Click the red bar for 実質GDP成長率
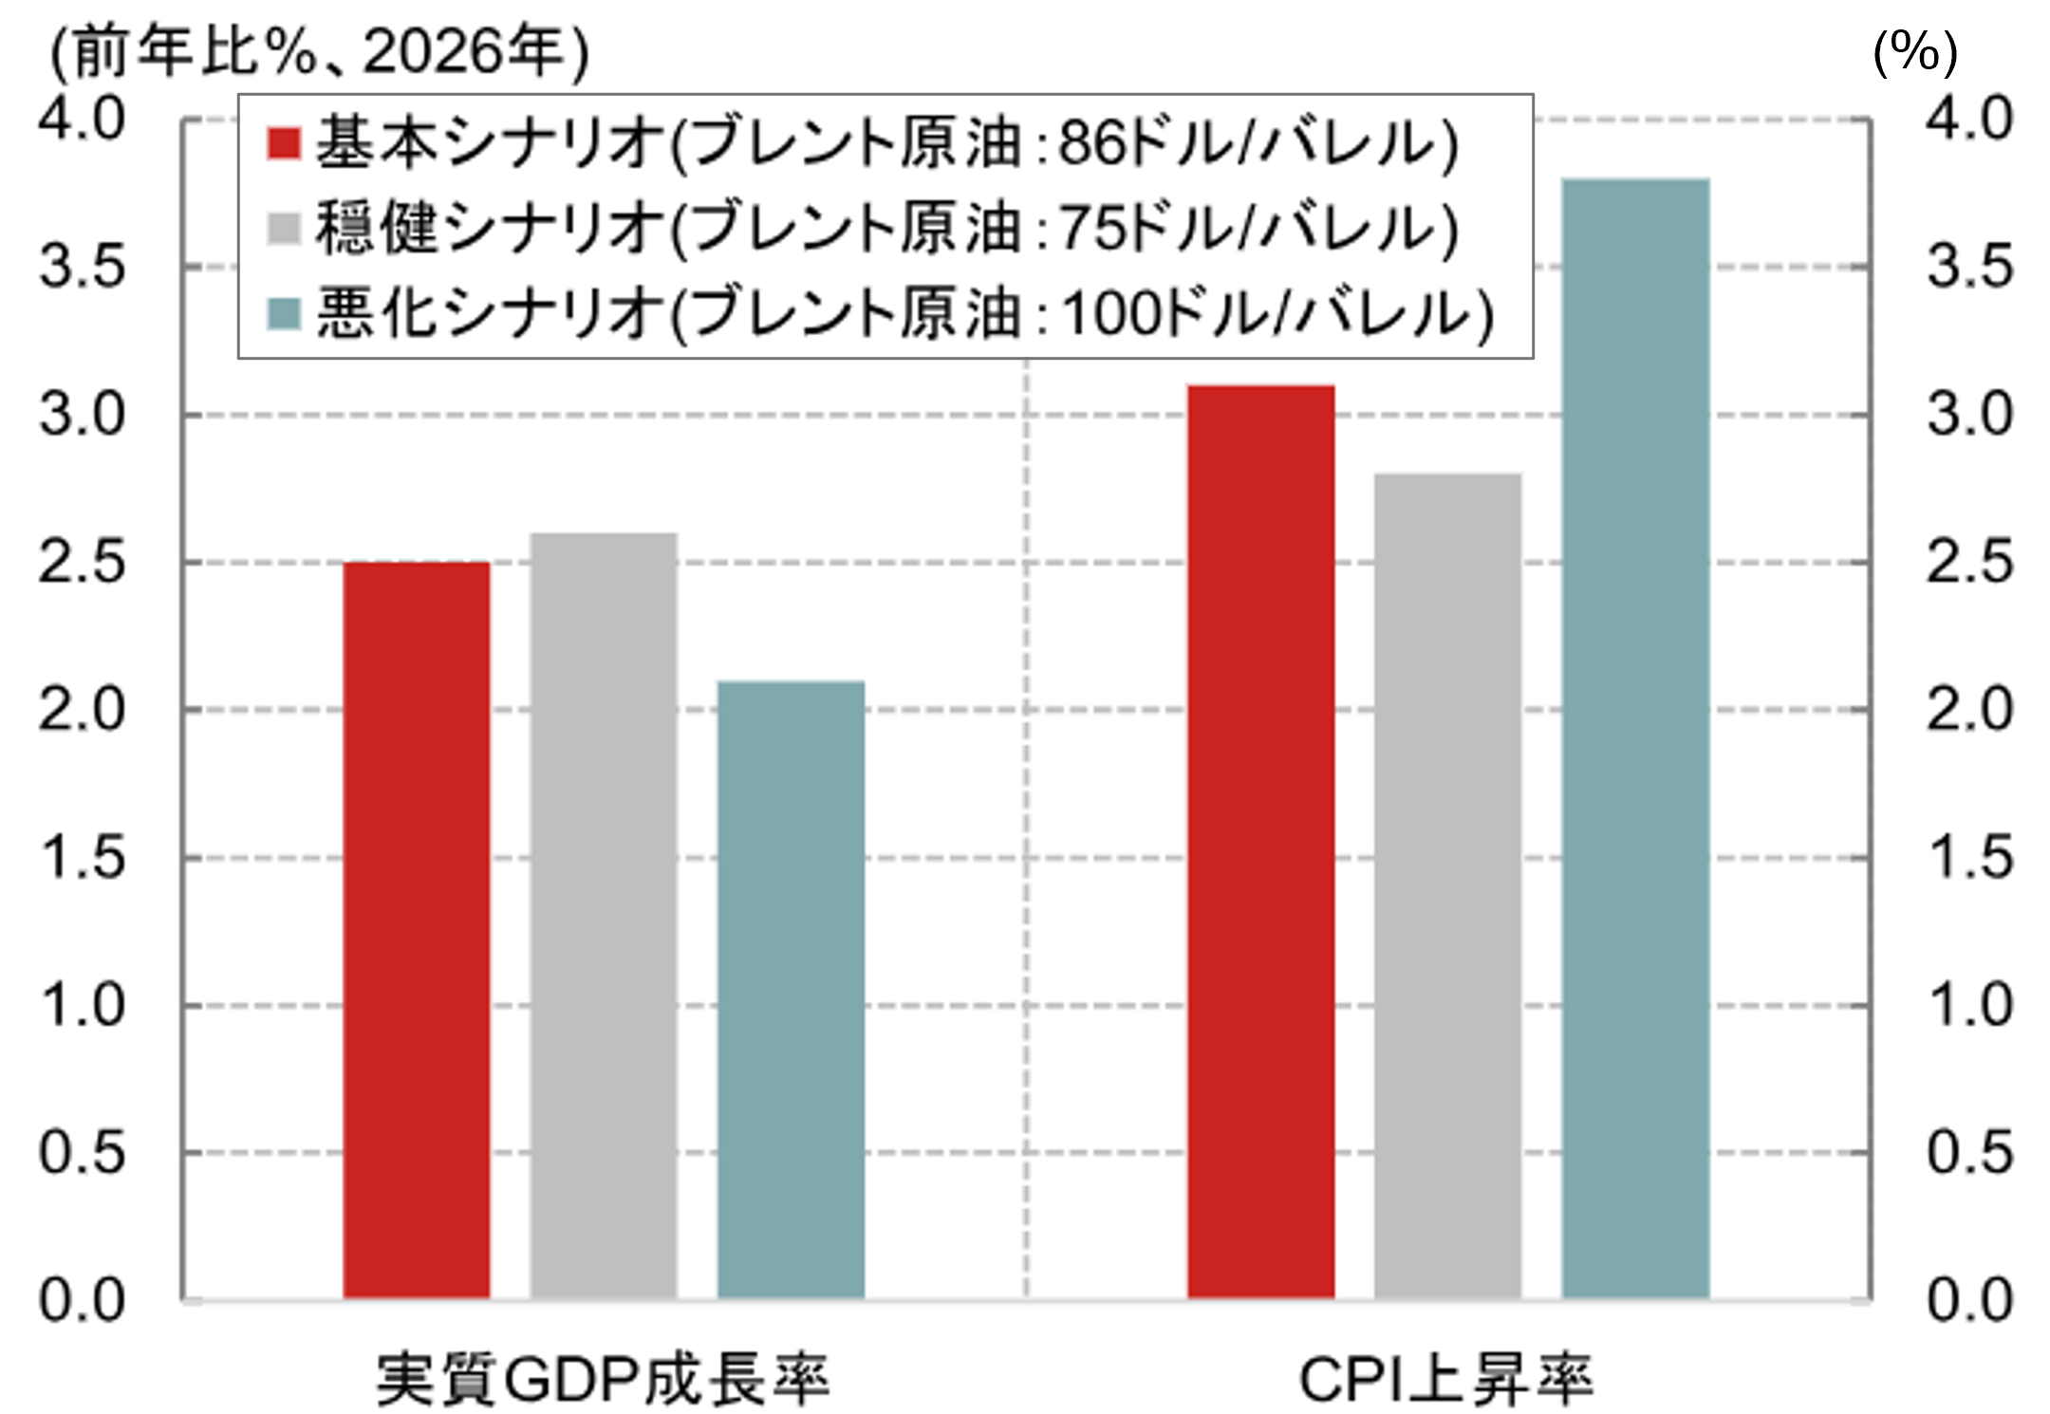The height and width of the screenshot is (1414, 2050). coord(417,930)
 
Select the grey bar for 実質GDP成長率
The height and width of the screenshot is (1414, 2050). coord(604,916)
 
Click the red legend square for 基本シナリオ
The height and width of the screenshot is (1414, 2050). coord(284,143)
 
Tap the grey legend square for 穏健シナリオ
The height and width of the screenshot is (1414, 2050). coord(284,228)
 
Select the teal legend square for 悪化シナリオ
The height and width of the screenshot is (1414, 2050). coord(284,313)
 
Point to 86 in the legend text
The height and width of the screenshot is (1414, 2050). coord(1089,143)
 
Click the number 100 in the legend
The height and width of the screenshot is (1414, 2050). coord(1108,313)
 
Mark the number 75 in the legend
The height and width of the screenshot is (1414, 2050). coord(1089,228)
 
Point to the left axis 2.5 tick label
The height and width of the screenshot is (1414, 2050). coord(82,563)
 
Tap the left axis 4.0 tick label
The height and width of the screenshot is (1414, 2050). coord(82,120)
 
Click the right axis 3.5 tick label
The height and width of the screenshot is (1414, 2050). coord(1969,267)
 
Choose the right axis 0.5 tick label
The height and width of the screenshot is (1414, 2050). coord(1969,1153)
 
